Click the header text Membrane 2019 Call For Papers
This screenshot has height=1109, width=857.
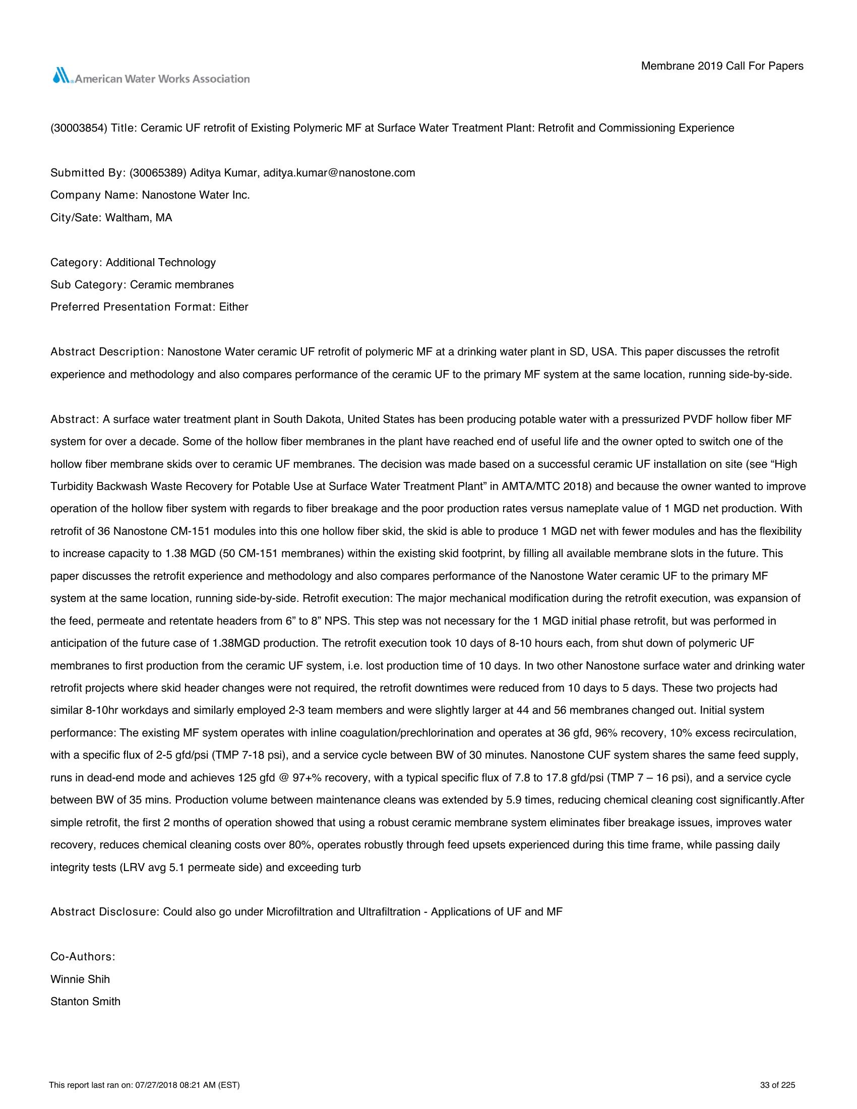coord(722,66)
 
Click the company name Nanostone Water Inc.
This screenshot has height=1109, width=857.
coord(196,196)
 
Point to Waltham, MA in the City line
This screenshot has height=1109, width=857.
coord(139,218)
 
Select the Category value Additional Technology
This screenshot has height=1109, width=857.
coord(161,263)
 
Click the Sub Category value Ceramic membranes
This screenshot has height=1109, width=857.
coord(182,285)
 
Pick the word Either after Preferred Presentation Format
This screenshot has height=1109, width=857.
coord(233,307)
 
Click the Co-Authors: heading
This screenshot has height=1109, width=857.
coord(83,957)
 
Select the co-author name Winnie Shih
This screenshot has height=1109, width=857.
coord(80,979)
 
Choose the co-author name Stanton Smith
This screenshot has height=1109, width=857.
coord(85,1001)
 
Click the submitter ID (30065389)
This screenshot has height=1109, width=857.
coord(157,173)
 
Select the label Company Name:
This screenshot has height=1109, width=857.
coord(93,196)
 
